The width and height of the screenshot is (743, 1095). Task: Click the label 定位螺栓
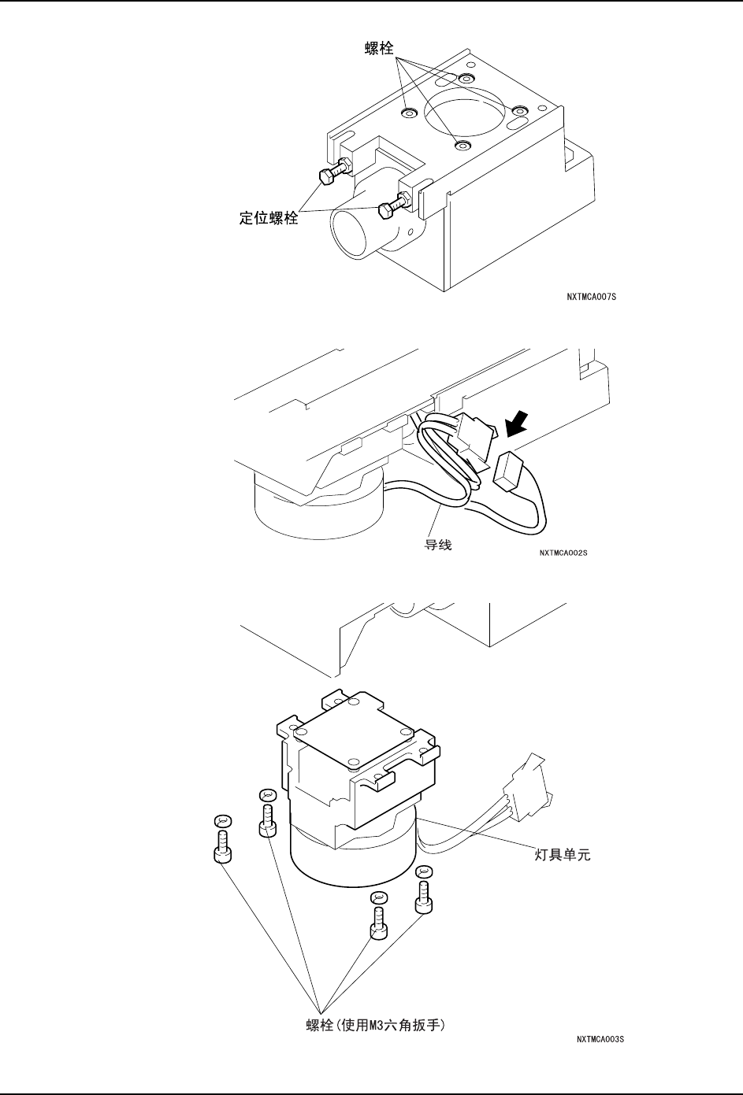click(x=269, y=219)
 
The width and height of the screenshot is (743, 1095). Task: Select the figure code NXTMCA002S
click(x=564, y=553)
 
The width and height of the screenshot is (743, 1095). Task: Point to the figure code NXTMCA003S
click(x=600, y=1040)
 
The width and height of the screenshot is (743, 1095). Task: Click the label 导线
click(x=438, y=545)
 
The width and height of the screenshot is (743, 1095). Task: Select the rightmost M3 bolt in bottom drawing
click(x=425, y=901)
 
